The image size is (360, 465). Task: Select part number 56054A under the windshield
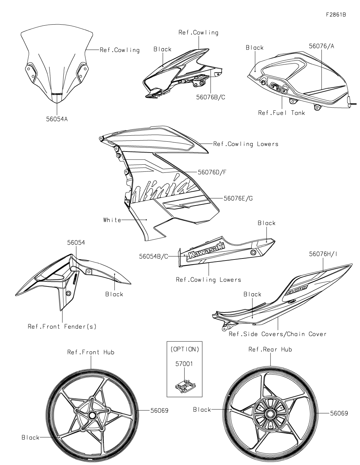click(x=57, y=119)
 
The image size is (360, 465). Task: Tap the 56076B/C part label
click(x=211, y=97)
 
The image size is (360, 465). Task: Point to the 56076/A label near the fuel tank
click(x=322, y=46)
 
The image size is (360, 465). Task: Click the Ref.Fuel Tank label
click(x=281, y=113)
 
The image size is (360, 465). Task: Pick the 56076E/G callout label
click(x=238, y=198)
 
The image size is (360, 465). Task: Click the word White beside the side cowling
click(x=112, y=220)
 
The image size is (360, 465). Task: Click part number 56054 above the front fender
click(x=76, y=243)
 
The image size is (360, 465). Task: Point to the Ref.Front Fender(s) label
click(x=62, y=327)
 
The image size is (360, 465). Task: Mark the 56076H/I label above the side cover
click(x=323, y=254)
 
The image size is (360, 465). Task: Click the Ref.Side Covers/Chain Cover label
click(x=278, y=334)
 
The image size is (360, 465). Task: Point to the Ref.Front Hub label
click(x=91, y=352)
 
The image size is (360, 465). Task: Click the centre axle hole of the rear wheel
click(x=270, y=413)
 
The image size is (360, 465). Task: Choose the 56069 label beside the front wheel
click(x=159, y=410)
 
